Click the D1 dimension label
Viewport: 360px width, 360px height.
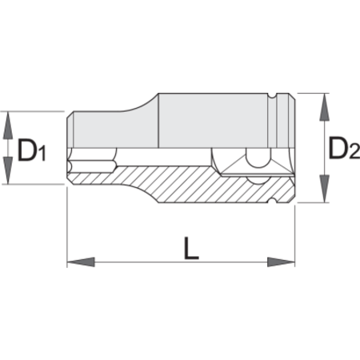[31, 150]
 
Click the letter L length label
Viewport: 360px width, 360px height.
[191, 249]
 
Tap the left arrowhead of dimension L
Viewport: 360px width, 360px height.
[81, 262]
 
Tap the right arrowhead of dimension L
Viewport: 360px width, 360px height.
[281, 262]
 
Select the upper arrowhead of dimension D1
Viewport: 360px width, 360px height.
[8, 125]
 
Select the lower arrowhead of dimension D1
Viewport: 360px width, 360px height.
[8, 170]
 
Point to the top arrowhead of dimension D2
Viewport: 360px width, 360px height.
[324, 107]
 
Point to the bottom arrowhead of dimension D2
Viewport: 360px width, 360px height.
[324, 189]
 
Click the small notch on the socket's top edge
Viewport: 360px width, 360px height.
[272, 96]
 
